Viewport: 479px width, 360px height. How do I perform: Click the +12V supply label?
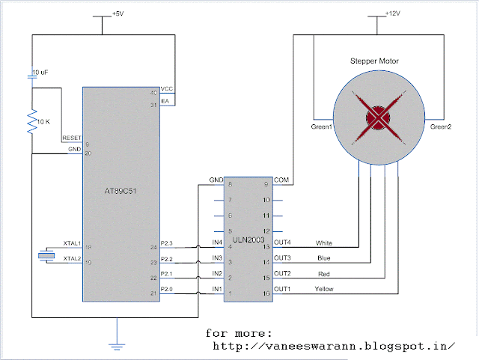point(394,14)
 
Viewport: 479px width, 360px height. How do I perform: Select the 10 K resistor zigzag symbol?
point(32,120)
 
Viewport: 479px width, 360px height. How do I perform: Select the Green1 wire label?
point(321,127)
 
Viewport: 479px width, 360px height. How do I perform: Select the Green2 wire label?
point(442,127)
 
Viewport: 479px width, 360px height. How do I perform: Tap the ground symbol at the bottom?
point(117,344)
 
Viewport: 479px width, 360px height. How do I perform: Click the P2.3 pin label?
point(168,243)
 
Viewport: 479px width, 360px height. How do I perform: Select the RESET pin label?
point(72,138)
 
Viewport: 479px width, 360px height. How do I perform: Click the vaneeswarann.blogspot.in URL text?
point(334,346)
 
